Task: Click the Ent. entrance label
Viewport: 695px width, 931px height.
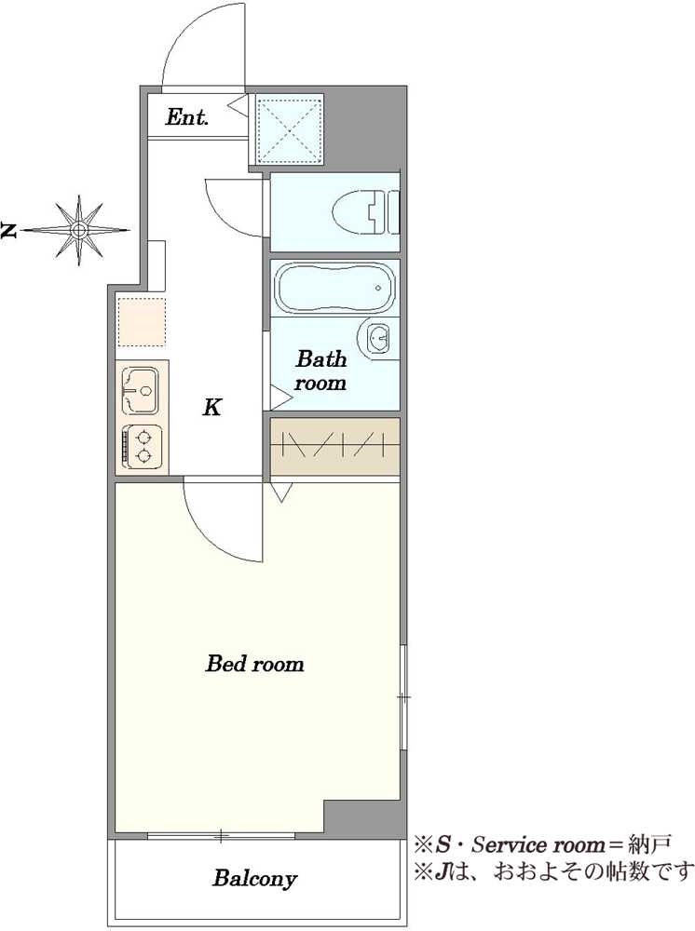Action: tap(187, 117)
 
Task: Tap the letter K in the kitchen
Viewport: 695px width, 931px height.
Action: tap(212, 408)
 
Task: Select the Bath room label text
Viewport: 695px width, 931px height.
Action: tap(320, 371)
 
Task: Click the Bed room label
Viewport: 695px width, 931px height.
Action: tap(255, 663)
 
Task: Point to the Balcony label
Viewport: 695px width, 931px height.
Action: tap(254, 878)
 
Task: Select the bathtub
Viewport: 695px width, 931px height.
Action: tap(335, 288)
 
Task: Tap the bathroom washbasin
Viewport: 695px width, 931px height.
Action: tap(375, 340)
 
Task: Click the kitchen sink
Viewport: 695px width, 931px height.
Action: tap(141, 391)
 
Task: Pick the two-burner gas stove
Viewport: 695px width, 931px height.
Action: tap(142, 447)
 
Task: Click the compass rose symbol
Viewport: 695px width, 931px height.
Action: tap(79, 230)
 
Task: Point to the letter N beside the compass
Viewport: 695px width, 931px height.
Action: tap(8, 230)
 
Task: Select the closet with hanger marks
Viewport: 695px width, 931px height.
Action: tap(335, 446)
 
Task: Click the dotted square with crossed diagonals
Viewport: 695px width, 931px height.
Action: tap(290, 129)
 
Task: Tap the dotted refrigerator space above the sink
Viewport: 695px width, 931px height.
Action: tap(142, 322)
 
